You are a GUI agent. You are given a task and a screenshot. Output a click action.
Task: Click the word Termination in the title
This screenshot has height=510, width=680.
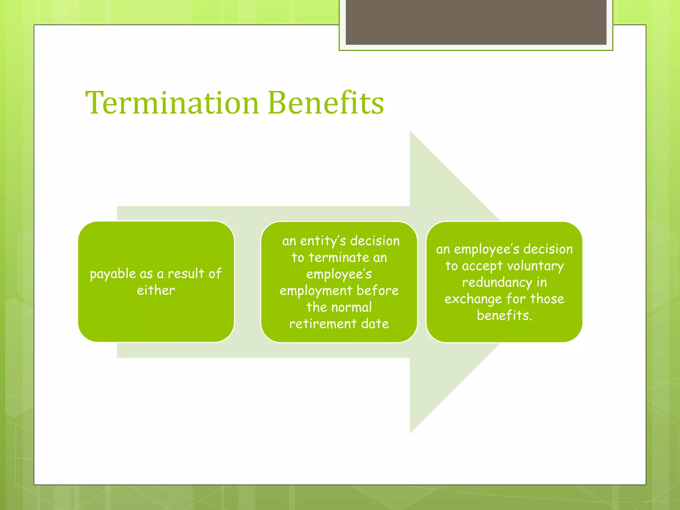pyautogui.click(x=172, y=103)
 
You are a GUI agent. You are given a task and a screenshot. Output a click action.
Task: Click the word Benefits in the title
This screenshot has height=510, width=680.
pyautogui.click(x=326, y=103)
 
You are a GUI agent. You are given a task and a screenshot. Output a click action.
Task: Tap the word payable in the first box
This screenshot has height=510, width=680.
pyautogui.click(x=113, y=274)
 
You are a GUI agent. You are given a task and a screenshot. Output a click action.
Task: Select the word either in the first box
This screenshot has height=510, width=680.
pyautogui.click(x=156, y=291)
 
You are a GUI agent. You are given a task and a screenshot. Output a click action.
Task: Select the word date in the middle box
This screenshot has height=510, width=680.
pyautogui.click(x=375, y=324)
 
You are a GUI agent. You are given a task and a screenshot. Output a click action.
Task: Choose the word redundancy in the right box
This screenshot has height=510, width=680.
pyautogui.click(x=497, y=283)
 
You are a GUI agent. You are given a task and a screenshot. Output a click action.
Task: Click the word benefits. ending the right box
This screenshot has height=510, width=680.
pyautogui.click(x=504, y=315)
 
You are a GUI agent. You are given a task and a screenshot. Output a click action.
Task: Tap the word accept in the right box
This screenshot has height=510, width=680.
pyautogui.click(x=482, y=266)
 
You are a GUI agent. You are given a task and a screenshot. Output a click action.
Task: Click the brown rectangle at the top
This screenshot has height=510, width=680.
pyautogui.click(x=476, y=22)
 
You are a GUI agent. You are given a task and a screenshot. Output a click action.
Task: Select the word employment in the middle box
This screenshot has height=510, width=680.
pyautogui.click(x=316, y=291)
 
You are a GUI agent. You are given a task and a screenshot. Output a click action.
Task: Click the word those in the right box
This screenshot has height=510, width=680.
pyautogui.click(x=547, y=299)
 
